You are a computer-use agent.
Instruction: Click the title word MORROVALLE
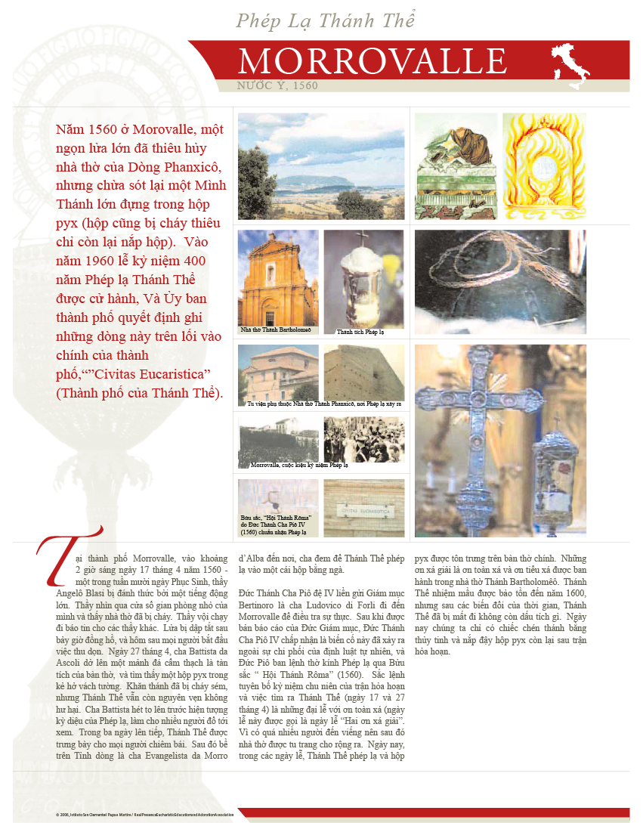coord(372,61)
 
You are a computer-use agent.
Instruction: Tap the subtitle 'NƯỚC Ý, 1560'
coord(278,86)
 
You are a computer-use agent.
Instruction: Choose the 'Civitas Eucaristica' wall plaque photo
coord(366,509)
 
